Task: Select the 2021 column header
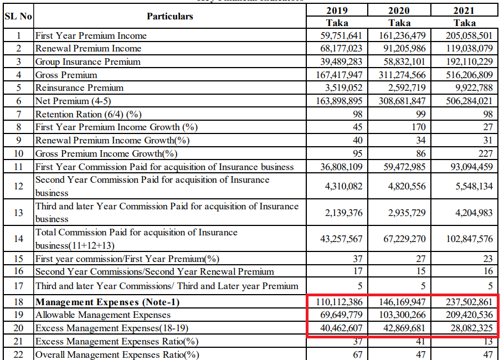464,10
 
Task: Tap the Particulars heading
170,16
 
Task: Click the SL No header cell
18,16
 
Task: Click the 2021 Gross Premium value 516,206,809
469,75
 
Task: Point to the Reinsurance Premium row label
79,88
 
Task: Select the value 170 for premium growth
419,127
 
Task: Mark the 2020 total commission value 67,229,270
405,239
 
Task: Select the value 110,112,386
340,302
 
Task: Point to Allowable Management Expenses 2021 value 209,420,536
469,315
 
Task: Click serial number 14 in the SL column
18,239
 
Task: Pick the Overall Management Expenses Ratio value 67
357,354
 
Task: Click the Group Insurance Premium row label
88,61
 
